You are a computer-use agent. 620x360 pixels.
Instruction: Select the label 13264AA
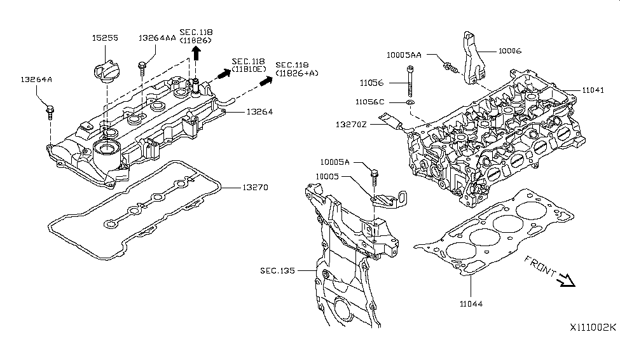click(x=157, y=38)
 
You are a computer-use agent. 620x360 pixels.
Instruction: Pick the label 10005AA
click(x=404, y=55)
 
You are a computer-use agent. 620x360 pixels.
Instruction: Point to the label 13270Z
click(x=351, y=125)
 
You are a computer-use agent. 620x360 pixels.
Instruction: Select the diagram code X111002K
click(x=593, y=328)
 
